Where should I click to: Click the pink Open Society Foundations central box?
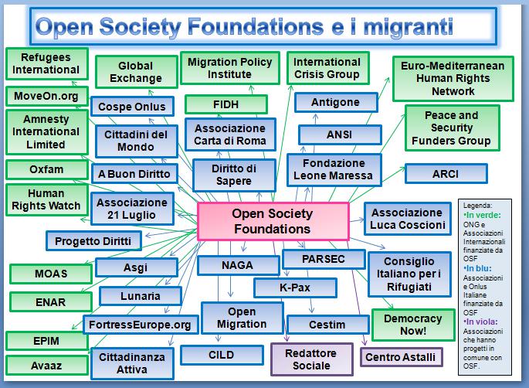[x=272, y=220]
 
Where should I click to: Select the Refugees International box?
[x=46, y=63]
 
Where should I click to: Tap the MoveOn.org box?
[x=46, y=96]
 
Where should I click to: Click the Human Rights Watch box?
[x=46, y=199]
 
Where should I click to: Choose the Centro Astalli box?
[x=399, y=357]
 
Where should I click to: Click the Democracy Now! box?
[x=412, y=325]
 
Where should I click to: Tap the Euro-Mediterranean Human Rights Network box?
[x=453, y=78]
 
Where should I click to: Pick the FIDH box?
[x=226, y=104]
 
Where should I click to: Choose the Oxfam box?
[x=46, y=168]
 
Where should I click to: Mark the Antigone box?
[x=335, y=103]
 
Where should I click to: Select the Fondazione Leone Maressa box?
[x=334, y=169]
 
